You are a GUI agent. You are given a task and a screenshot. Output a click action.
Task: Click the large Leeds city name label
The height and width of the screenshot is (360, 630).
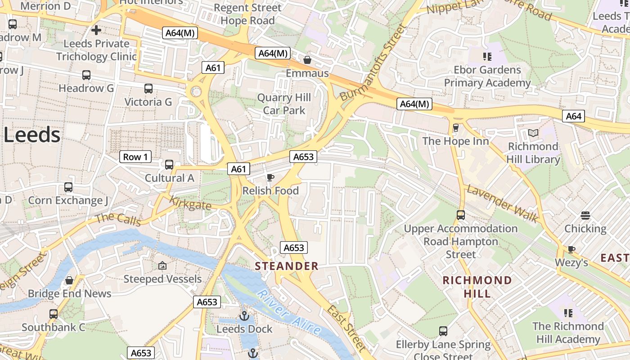31,135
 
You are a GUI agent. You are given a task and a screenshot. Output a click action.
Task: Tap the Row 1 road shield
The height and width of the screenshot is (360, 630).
135,157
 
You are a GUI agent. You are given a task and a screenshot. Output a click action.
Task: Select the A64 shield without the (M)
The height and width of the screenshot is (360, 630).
573,116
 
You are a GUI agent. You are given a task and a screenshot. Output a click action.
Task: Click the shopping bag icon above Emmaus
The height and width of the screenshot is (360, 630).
307,60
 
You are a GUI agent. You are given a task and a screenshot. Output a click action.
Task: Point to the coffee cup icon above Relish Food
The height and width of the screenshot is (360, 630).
270,178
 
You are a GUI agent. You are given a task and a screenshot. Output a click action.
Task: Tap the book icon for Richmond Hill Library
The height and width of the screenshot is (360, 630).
533,133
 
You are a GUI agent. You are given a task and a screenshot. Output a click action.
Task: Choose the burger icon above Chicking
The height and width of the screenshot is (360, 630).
585,216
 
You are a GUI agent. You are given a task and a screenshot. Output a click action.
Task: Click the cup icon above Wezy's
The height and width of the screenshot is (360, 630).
571,249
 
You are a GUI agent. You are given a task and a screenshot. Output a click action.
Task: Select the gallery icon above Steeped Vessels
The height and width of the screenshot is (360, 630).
162,266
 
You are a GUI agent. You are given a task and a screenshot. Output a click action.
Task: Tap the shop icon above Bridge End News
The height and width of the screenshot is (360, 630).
69,280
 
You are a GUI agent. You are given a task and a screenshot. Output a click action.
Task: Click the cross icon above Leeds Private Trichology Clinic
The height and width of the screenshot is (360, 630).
96,31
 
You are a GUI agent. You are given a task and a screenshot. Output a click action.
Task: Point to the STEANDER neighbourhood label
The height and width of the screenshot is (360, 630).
287,266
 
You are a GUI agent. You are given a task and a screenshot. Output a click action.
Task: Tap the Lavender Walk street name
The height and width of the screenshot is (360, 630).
502,203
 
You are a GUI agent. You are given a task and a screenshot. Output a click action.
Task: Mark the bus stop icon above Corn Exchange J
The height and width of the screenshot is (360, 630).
68,187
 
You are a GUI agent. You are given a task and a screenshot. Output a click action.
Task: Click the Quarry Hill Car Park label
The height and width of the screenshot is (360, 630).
284,104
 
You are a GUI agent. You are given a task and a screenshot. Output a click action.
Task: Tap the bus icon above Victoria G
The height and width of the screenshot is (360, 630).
148,89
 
